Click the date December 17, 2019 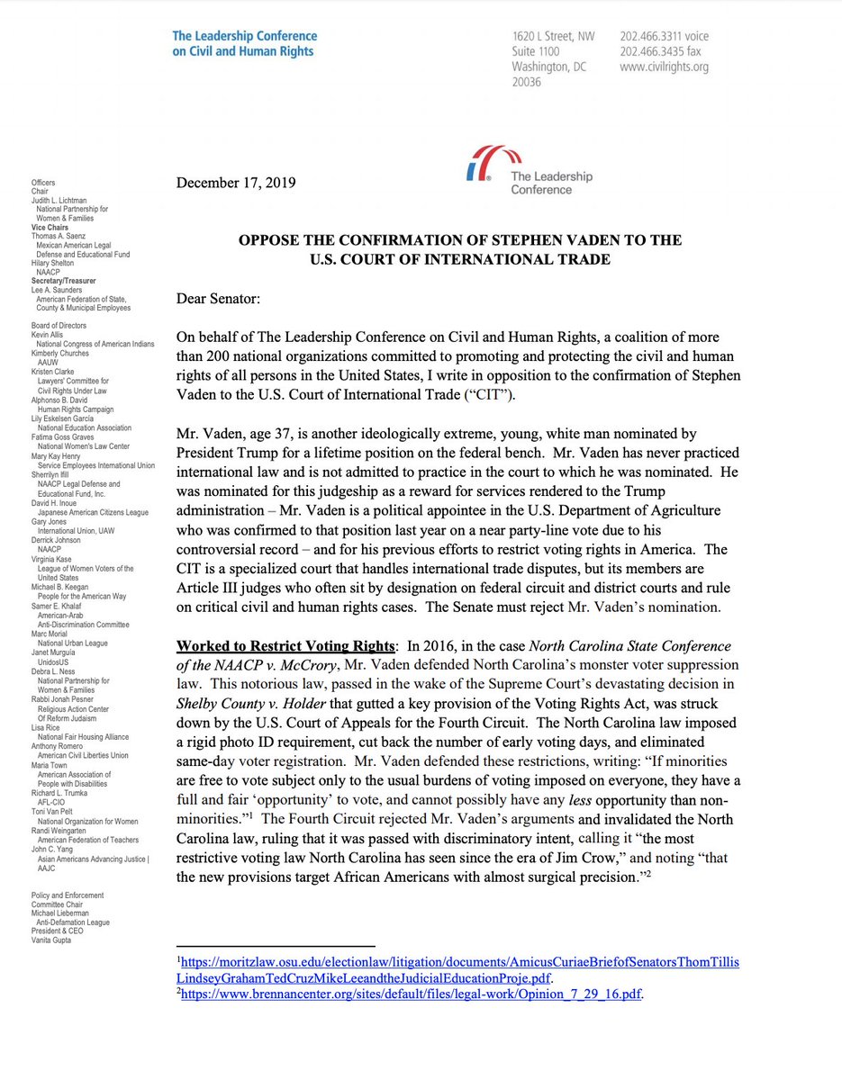tap(236, 183)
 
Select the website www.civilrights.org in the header tap(664, 67)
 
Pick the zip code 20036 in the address tap(526, 82)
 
